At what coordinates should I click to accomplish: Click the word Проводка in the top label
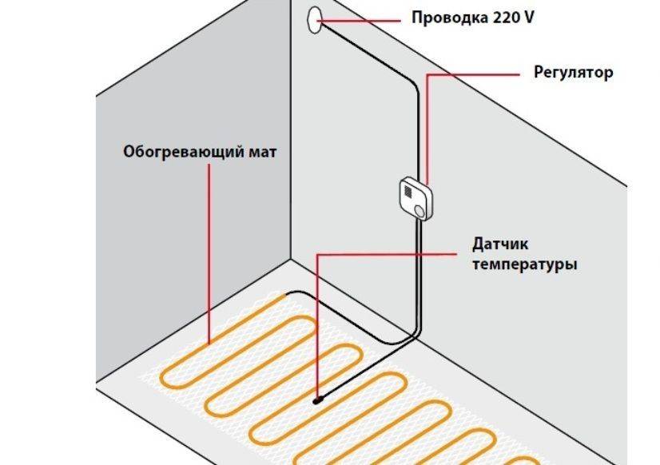pyautogui.click(x=445, y=17)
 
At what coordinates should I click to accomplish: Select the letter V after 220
pyautogui.click(x=527, y=17)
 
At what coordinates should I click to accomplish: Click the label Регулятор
pyautogui.click(x=573, y=73)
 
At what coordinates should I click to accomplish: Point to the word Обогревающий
pyautogui.click(x=179, y=151)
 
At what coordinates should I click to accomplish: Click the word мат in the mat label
pyautogui.click(x=258, y=151)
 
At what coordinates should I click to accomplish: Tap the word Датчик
pyautogui.click(x=500, y=244)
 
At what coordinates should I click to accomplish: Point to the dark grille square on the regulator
pyautogui.click(x=409, y=192)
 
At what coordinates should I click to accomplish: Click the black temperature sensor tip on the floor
pyautogui.click(x=317, y=399)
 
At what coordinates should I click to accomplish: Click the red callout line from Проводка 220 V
pyautogui.click(x=364, y=18)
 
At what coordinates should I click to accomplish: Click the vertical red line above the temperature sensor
pyautogui.click(x=318, y=328)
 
